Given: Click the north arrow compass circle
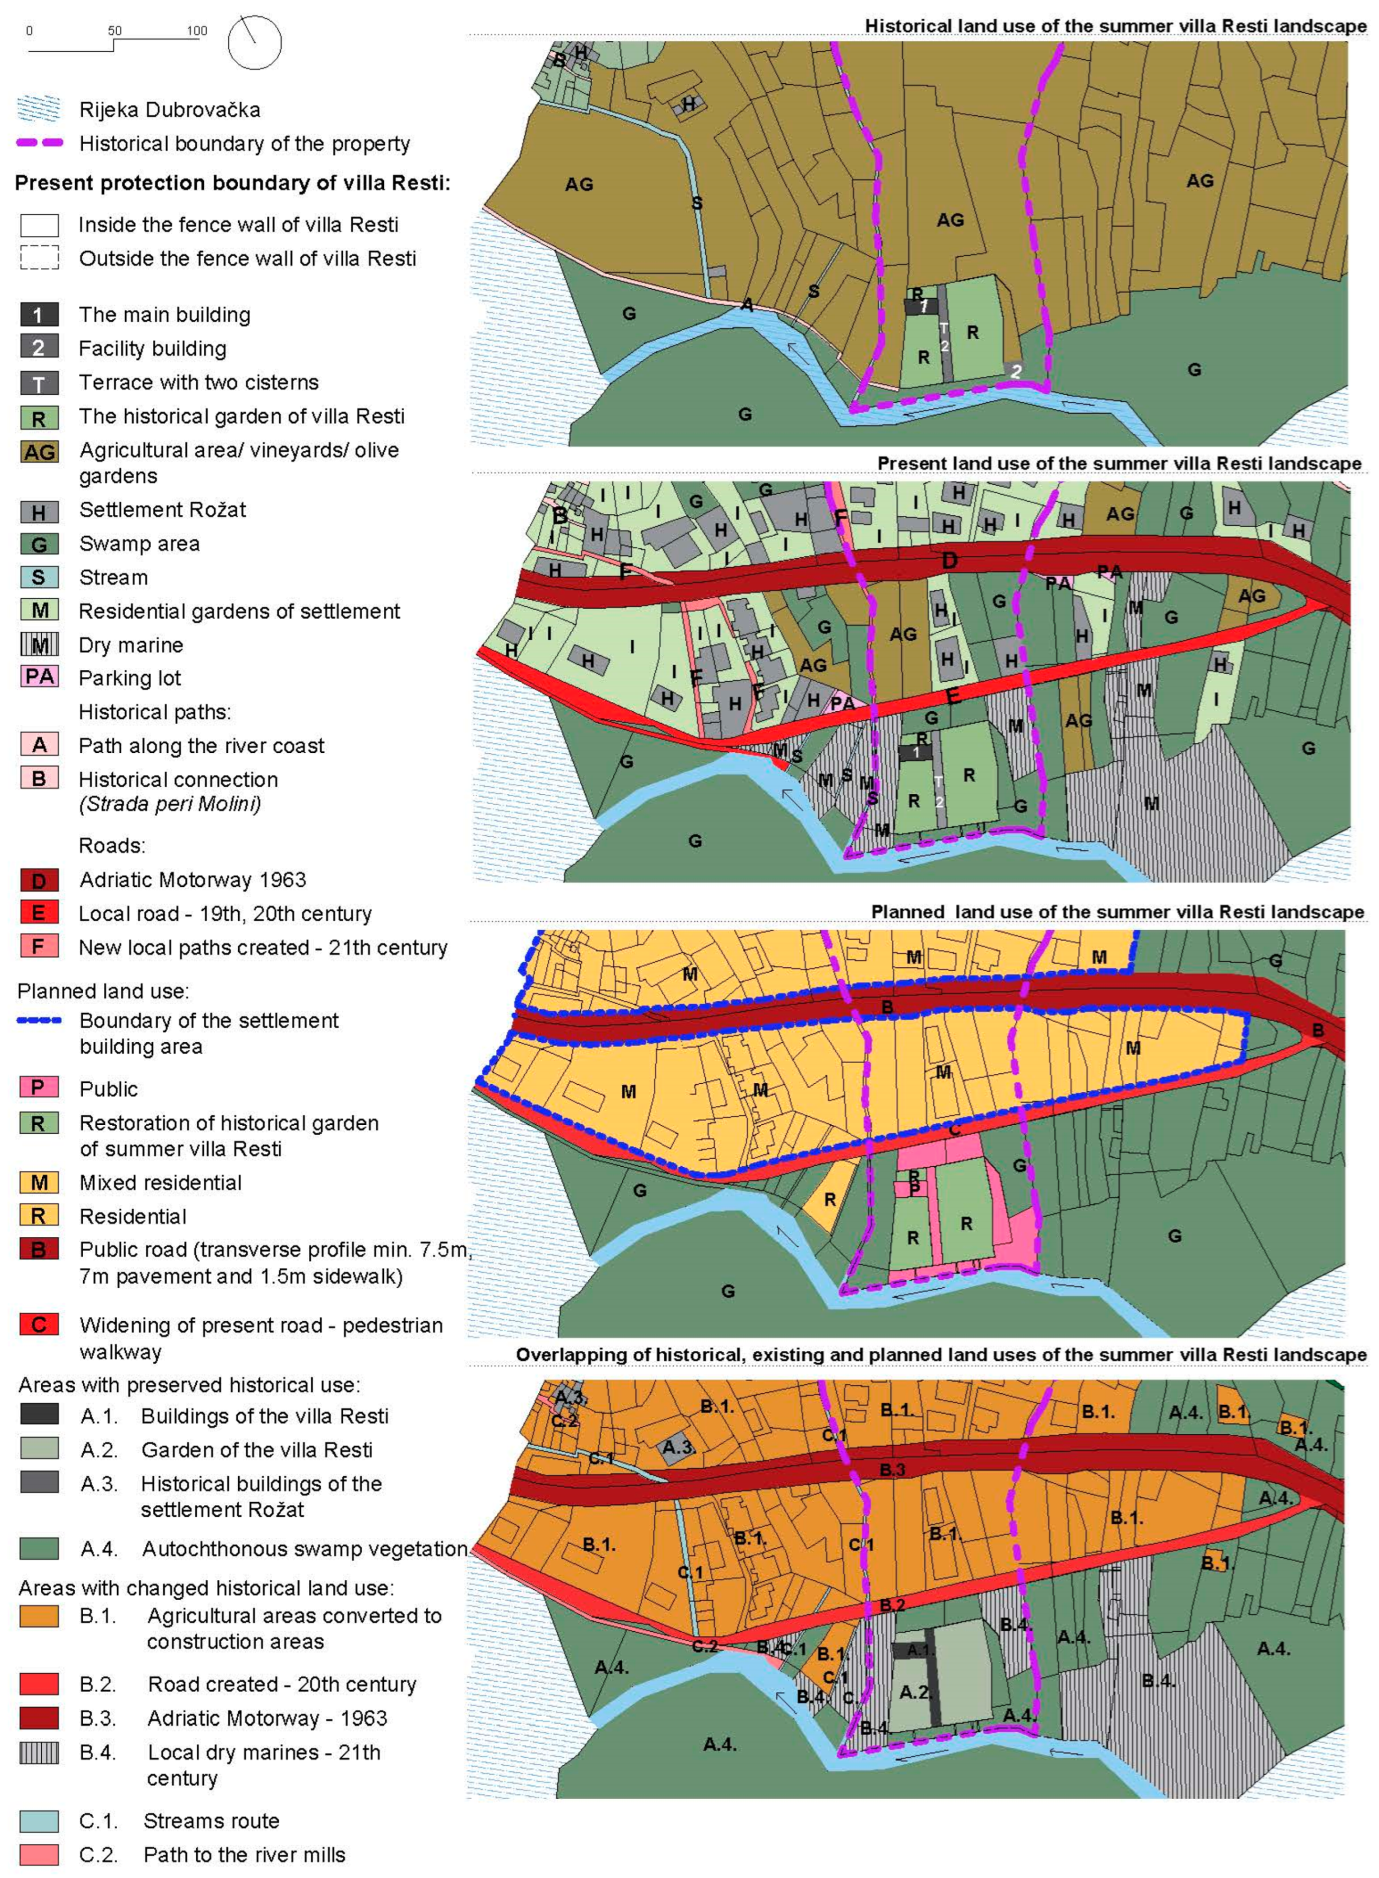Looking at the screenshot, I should click(254, 42).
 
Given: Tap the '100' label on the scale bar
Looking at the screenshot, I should click(197, 31).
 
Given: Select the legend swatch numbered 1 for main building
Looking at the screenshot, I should click(39, 315).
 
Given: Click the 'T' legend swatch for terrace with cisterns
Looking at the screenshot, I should click(39, 383).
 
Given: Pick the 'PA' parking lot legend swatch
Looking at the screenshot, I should click(39, 676).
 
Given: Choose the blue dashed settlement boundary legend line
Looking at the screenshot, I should click(39, 1021).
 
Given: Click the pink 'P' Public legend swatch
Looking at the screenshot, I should click(39, 1087).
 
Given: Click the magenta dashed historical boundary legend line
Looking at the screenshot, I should click(39, 143).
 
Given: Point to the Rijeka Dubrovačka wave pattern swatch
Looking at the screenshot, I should click(39, 109).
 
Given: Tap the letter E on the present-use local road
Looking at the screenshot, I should click(953, 695).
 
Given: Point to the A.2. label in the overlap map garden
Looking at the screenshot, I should click(915, 1692).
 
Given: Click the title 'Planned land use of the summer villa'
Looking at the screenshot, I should click(1117, 911).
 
